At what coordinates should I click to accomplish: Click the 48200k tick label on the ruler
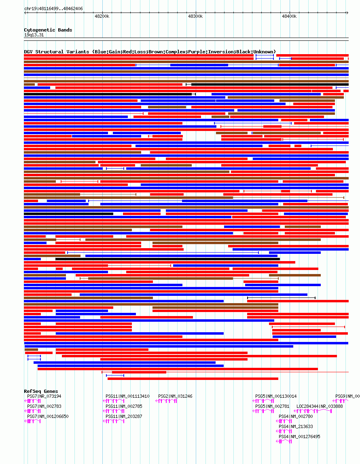[102, 17]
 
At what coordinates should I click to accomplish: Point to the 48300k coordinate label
[195, 17]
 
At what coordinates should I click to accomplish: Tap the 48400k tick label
[289, 17]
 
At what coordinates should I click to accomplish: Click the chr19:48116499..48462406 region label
[53, 8]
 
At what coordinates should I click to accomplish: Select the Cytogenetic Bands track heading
[48, 30]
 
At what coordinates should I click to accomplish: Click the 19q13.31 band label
[34, 35]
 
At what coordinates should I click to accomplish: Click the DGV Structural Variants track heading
[150, 52]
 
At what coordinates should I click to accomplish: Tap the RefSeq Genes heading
[41, 391]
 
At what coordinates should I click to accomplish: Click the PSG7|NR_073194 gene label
[44, 396]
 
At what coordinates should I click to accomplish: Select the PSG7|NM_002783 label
[44, 406]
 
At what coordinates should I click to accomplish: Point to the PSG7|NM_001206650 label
[48, 416]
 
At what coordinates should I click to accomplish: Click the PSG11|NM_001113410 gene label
[127, 396]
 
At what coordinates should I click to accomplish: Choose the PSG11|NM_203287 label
[124, 416]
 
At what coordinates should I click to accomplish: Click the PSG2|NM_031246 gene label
[175, 396]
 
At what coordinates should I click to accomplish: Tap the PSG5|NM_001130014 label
[276, 396]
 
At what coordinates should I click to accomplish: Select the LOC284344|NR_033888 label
[320, 406]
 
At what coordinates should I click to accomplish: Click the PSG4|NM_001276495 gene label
[299, 437]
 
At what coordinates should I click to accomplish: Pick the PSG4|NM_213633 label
[296, 426]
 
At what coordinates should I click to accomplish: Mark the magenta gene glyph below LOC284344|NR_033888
[313, 411]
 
